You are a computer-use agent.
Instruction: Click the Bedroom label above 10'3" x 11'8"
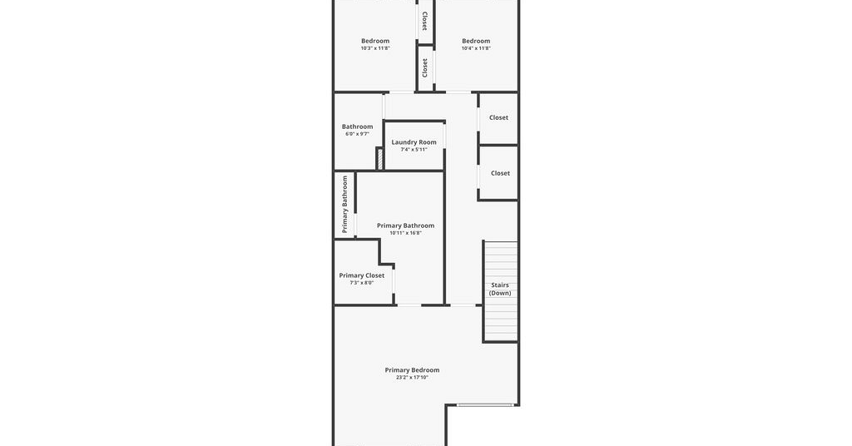tap(375, 41)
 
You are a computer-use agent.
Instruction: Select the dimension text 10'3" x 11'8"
tap(375, 48)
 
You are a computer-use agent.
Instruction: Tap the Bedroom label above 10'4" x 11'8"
tap(476, 41)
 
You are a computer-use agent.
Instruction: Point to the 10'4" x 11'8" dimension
tap(476, 48)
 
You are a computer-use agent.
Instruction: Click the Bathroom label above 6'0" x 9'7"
tap(357, 126)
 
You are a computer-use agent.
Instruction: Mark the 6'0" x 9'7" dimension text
tap(357, 134)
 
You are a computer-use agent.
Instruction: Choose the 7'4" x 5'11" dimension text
tap(414, 150)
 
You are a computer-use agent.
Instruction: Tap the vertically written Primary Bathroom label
tap(344, 204)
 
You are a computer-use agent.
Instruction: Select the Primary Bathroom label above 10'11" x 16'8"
tap(405, 225)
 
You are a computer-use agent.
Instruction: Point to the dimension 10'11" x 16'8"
tap(405, 233)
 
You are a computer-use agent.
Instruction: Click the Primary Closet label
tap(361, 275)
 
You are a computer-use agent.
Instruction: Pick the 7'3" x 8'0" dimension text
tap(361, 282)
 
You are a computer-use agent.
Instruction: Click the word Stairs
tap(500, 285)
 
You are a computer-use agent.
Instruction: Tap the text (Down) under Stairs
tap(500, 293)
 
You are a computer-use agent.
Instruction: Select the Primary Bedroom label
tap(412, 370)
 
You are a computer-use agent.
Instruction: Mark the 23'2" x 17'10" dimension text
tap(412, 378)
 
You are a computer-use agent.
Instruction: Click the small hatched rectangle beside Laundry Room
tap(380, 158)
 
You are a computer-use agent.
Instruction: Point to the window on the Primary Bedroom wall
tap(485, 404)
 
